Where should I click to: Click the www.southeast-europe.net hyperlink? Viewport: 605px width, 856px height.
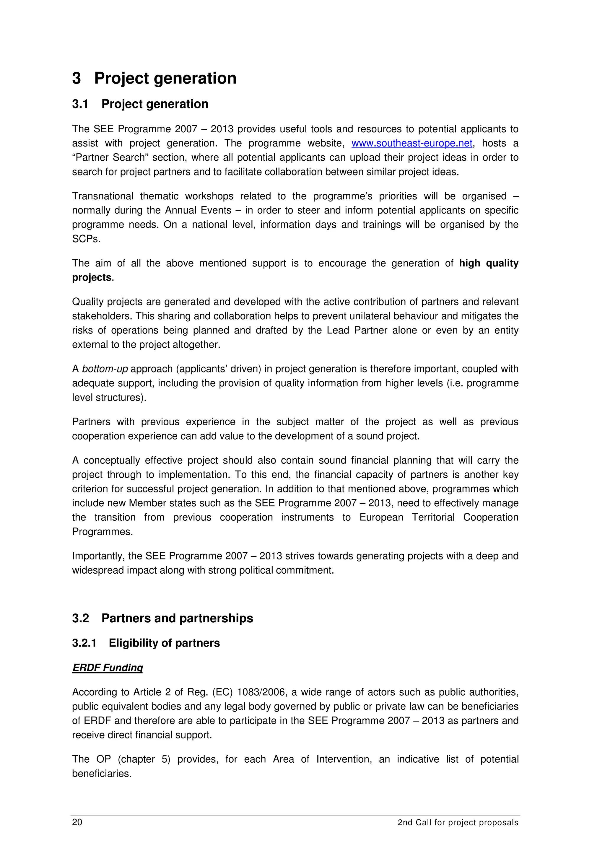[412, 143]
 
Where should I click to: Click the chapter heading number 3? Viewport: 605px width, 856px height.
[77, 78]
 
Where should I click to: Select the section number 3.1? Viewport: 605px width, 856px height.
[80, 104]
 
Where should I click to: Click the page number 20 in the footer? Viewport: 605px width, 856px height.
[77, 822]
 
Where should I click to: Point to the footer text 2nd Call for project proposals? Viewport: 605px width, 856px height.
[458, 822]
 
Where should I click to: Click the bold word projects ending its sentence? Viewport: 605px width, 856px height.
[92, 277]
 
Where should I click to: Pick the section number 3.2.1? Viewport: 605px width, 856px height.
[84, 643]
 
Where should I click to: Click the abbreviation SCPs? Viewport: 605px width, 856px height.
[86, 239]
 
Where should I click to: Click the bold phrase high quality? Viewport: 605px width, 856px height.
[488, 263]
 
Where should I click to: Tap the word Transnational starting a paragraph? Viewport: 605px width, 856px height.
[103, 196]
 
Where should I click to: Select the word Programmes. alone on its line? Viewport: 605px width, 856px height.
[103, 532]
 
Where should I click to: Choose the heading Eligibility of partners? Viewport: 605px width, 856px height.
[164, 643]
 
